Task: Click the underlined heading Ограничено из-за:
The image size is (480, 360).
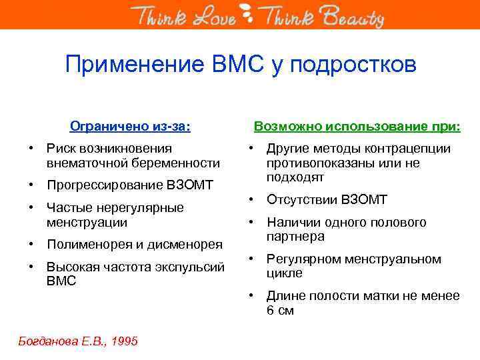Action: point(131,125)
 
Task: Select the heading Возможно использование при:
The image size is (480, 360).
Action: point(358,125)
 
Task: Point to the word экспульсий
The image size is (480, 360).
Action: point(196,267)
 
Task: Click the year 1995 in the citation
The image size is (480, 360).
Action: point(125,341)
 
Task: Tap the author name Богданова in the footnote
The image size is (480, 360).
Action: point(46,341)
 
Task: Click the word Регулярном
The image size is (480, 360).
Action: point(304,259)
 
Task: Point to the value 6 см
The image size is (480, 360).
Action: point(280,310)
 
